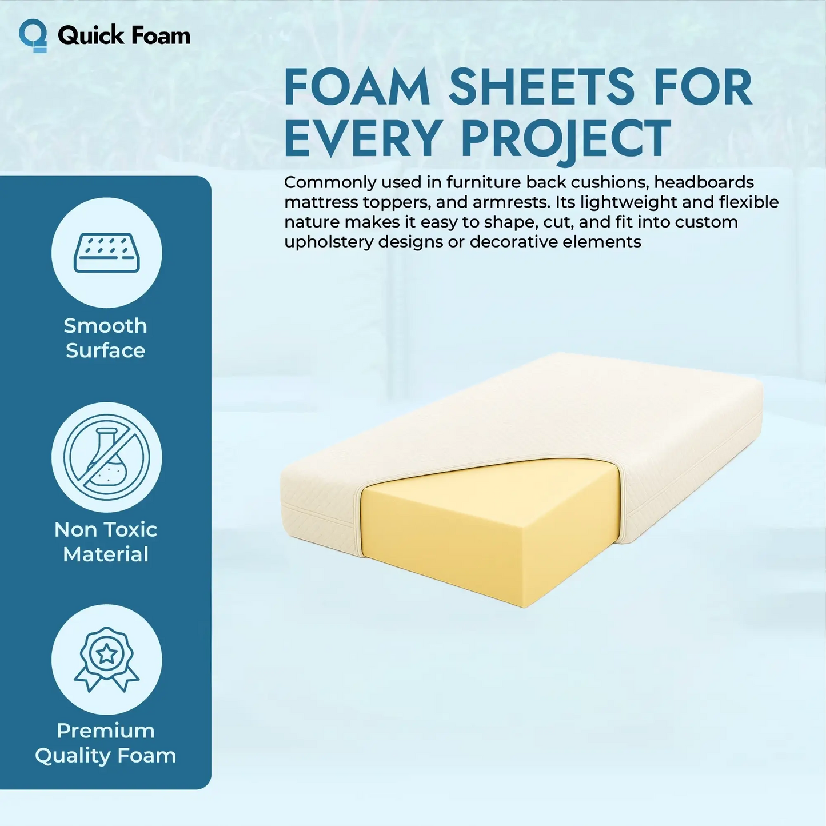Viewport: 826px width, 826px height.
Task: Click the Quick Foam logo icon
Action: [33, 35]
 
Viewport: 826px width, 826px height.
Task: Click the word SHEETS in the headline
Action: [541, 87]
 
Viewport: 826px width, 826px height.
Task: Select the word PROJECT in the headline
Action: [566, 139]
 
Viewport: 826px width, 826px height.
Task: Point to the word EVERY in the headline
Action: [363, 139]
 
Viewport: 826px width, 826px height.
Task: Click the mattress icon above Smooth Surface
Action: [107, 253]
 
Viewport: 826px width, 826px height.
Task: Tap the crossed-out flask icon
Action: [107, 457]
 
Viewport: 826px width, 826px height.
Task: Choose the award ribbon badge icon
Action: [107, 659]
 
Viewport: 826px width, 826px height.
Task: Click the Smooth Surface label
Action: [106, 338]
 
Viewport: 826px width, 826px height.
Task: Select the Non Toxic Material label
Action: [106, 542]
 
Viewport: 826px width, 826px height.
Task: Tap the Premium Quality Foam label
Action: [106, 743]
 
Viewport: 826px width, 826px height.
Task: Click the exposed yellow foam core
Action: [492, 532]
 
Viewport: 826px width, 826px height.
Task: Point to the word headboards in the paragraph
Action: [704, 182]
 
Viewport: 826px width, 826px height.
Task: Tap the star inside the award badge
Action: [107, 653]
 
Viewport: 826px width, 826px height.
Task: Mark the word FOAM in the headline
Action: [357, 87]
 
